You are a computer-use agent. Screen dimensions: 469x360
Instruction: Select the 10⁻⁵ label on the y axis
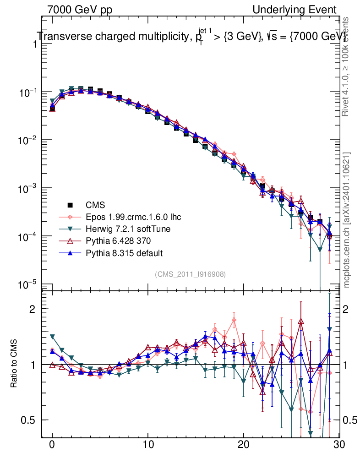coord(27,284)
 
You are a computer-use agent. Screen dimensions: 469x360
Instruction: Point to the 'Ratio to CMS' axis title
coord(14,364)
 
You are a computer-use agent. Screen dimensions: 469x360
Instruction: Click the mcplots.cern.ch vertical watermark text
coord(347,220)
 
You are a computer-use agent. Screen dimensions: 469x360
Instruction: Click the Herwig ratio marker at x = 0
coord(52,336)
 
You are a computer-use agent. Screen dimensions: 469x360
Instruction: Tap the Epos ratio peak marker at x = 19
coord(234,320)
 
